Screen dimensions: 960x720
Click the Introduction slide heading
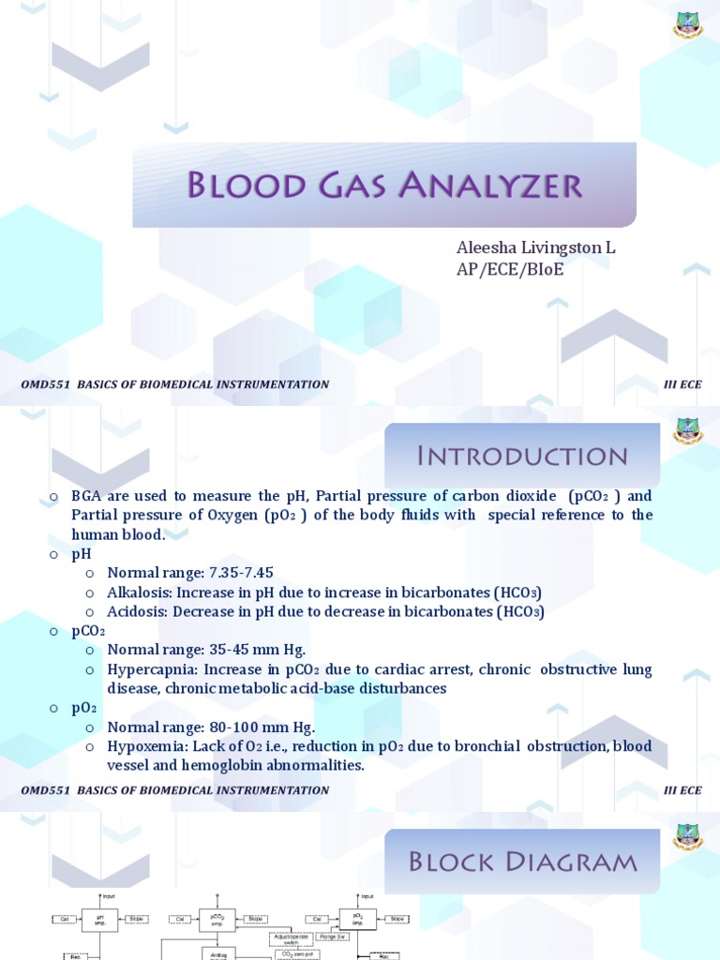(x=522, y=457)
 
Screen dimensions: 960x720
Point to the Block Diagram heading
(x=523, y=861)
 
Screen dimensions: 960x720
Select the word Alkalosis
(x=138, y=592)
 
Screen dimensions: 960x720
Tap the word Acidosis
(x=136, y=612)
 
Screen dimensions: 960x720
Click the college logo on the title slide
(x=687, y=24)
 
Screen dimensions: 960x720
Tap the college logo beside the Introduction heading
(x=687, y=430)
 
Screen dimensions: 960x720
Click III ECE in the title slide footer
(x=682, y=384)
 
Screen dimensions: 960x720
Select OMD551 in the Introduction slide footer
(x=45, y=790)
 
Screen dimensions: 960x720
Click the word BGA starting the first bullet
(x=84, y=496)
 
